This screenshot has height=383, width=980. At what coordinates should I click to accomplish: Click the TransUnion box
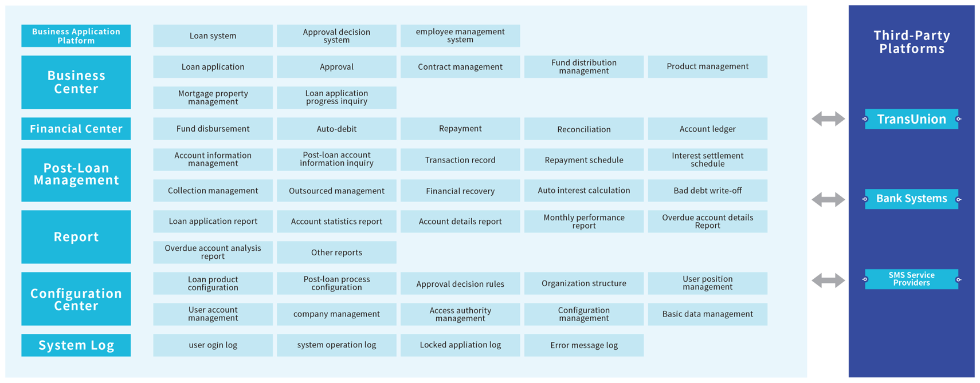pyautogui.click(x=911, y=119)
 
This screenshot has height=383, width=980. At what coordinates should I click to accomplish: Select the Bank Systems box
pyautogui.click(x=911, y=199)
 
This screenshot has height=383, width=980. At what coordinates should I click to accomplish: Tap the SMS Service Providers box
pyautogui.click(x=911, y=279)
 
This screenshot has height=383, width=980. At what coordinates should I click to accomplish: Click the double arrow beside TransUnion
pyautogui.click(x=828, y=119)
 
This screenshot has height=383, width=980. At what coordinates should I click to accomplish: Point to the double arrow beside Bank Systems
pyautogui.click(x=828, y=199)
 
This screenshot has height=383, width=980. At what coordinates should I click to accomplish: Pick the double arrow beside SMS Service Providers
pyautogui.click(x=828, y=281)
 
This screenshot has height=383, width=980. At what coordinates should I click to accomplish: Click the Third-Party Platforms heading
pyautogui.click(x=912, y=42)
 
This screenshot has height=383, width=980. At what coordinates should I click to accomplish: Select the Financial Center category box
pyautogui.click(x=76, y=129)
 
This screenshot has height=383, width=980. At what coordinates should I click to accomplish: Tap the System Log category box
pyautogui.click(x=76, y=345)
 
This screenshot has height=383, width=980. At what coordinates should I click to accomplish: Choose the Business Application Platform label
pyautogui.click(x=76, y=36)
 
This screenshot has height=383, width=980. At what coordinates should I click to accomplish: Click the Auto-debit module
pyautogui.click(x=336, y=129)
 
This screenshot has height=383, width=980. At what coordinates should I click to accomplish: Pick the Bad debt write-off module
pyautogui.click(x=707, y=191)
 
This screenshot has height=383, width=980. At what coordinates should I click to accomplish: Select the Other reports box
pyautogui.click(x=336, y=252)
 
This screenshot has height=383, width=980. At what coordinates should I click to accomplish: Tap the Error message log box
pyautogui.click(x=583, y=345)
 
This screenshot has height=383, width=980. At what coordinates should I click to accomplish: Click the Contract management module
pyautogui.click(x=460, y=67)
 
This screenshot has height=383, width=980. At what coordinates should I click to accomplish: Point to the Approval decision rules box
pyautogui.click(x=460, y=283)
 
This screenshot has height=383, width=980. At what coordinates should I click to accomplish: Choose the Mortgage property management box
pyautogui.click(x=213, y=97)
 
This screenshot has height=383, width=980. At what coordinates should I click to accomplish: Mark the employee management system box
pyautogui.click(x=460, y=36)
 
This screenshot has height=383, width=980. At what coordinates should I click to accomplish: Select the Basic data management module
pyautogui.click(x=707, y=314)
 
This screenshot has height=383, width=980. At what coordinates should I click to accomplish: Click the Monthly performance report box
pyautogui.click(x=583, y=221)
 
